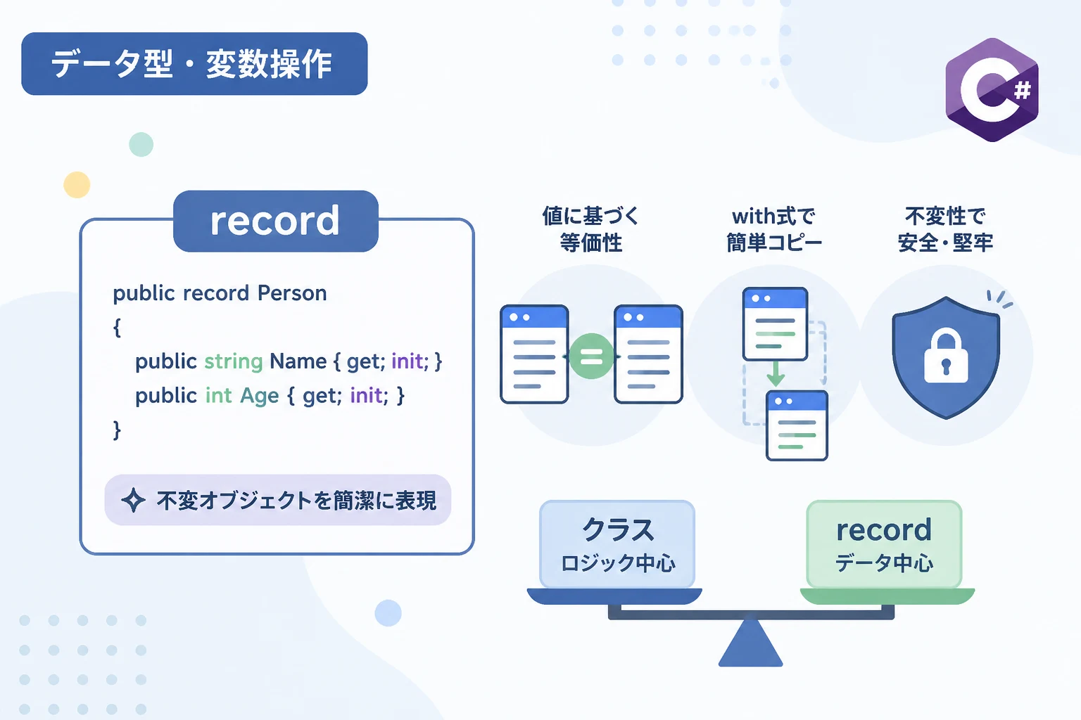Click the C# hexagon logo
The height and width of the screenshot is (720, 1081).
coord(992,90)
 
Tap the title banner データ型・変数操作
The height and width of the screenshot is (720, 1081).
coord(194,64)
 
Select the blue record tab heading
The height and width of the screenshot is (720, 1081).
coord(276,221)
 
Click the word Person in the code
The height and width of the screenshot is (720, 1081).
coord(292,292)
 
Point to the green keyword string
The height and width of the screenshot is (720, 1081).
coord(233,361)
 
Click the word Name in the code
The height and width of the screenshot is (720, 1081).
coord(298,361)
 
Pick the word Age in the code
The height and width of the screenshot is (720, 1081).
coord(260,396)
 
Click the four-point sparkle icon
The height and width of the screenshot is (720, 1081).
coord(133,500)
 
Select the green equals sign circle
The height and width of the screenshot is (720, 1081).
coord(591,356)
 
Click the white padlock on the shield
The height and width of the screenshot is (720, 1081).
coord(946,355)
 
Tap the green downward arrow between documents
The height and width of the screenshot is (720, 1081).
coord(776,373)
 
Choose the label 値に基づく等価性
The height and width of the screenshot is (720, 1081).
coord(590,229)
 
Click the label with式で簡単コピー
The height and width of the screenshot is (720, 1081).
coord(774,229)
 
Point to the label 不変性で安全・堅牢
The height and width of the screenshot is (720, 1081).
coord(945,229)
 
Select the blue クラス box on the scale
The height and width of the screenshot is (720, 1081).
coord(617,544)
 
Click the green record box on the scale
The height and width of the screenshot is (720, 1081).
coord(884,544)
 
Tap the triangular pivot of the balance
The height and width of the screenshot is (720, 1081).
coord(750,643)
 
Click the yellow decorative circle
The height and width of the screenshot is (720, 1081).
coord(77,185)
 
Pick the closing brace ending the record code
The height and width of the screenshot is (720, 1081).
coord(117,430)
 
